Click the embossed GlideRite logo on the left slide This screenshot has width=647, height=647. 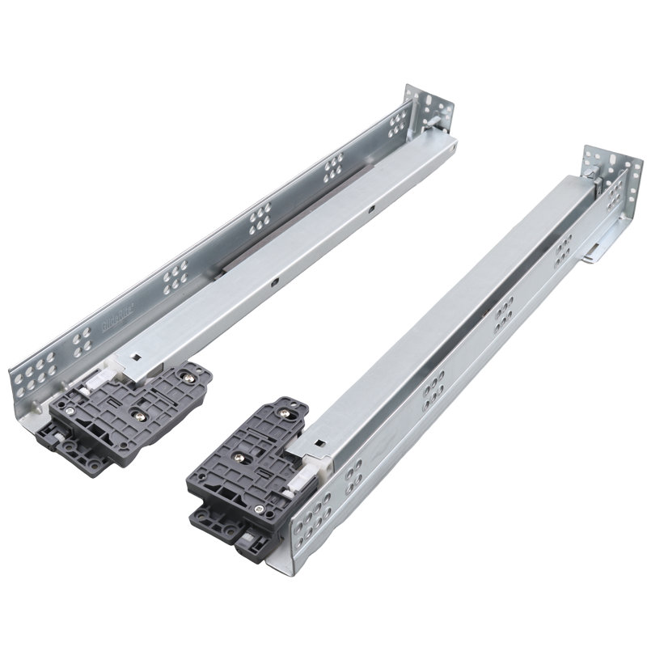[119, 319]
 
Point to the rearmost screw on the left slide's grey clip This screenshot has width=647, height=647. [191, 374]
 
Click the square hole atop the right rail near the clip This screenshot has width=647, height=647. [323, 442]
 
